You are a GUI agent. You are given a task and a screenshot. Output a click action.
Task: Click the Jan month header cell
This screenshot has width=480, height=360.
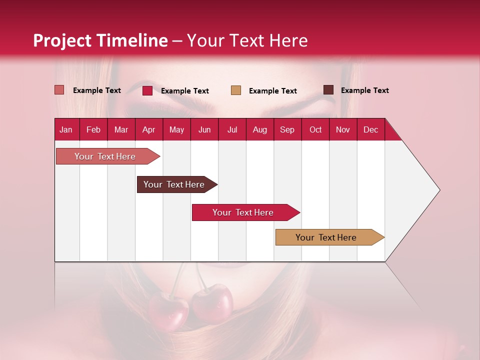click(66, 129)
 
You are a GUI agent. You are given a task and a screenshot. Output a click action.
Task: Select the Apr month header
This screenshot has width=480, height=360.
click(149, 129)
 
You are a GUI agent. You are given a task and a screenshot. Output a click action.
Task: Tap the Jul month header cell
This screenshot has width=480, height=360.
click(232, 129)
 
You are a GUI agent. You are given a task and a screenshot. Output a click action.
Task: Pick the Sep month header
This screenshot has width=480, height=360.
click(287, 129)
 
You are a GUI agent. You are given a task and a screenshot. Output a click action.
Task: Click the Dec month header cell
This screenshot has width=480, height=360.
click(370, 129)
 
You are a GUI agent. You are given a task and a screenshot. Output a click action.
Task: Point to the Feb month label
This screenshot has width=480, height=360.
click(93, 129)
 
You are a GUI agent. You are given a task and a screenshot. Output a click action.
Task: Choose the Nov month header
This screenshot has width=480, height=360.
click(342, 129)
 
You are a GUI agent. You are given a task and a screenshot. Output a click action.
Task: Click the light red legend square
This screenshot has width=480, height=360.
click(59, 90)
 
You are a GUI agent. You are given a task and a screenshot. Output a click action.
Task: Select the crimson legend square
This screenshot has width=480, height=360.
click(147, 90)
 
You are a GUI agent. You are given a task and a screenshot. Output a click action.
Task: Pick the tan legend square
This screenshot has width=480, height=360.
click(236, 90)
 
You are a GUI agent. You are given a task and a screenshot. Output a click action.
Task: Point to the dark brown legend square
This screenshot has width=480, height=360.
click(328, 90)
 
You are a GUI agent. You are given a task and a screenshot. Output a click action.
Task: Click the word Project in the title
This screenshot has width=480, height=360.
click(62, 40)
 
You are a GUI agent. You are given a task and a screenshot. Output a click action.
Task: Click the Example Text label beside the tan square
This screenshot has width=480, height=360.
click(272, 90)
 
